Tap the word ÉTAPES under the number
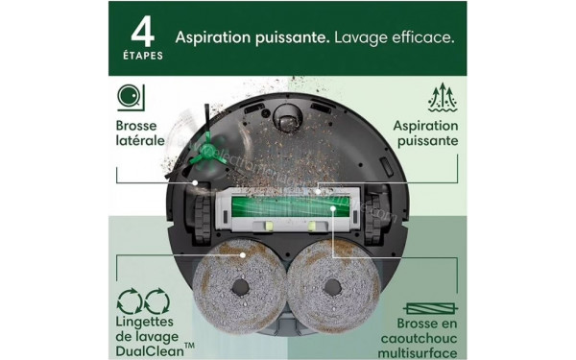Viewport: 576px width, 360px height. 142,56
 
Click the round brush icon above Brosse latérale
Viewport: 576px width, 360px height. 127,97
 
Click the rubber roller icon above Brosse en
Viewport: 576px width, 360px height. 429,308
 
